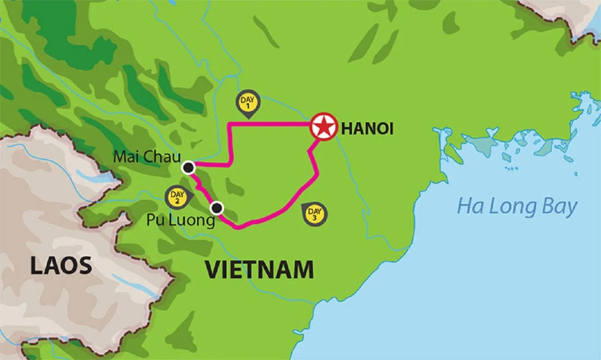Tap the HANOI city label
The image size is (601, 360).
[368, 129]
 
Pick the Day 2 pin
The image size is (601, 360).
[176, 197]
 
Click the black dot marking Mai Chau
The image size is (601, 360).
[188, 168]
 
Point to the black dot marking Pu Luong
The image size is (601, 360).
[217, 207]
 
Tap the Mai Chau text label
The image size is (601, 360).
[147, 157]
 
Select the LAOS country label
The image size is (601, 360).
[61, 266]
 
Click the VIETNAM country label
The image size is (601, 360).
[260, 270]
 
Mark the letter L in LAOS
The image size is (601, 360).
[36, 266]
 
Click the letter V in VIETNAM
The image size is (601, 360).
[213, 270]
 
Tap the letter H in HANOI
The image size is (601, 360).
[347, 129]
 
